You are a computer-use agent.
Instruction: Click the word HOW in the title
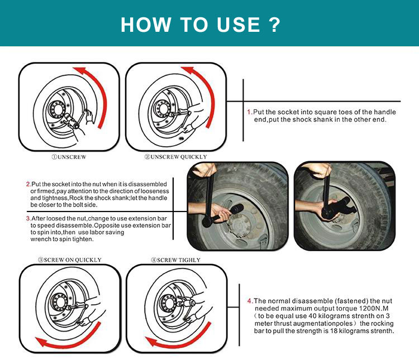click(x=144, y=25)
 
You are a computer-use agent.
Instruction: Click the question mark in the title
click(x=274, y=25)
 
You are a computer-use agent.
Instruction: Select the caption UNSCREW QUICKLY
click(x=175, y=157)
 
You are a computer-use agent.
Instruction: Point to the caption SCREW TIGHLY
click(x=175, y=260)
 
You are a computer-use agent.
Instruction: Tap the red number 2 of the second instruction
click(x=28, y=184)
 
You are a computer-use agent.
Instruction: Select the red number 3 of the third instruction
click(x=28, y=218)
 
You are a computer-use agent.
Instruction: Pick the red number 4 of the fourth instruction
click(x=249, y=301)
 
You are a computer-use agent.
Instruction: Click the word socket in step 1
click(x=278, y=112)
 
